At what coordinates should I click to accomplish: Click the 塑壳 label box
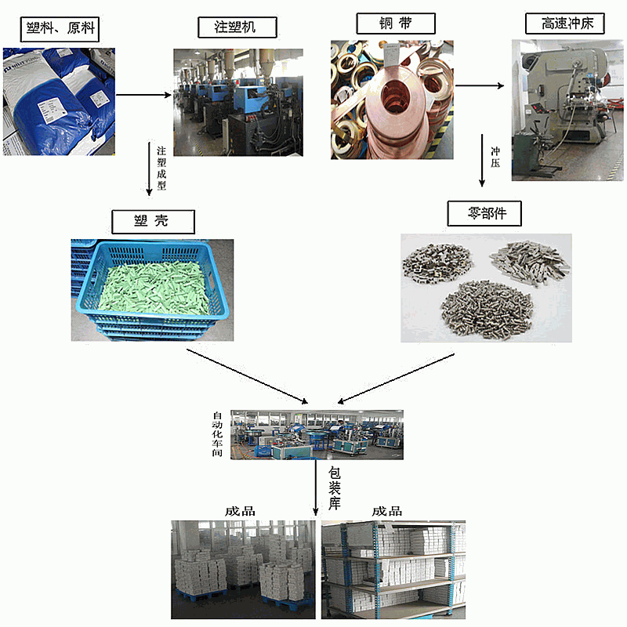[x=151, y=221]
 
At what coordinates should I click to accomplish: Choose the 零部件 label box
[x=484, y=213]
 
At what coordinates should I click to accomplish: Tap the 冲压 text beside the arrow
[x=495, y=154]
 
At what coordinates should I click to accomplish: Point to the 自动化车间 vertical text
[x=219, y=434]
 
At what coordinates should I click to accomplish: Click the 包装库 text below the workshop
[x=335, y=487]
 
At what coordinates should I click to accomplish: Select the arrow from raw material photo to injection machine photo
[x=143, y=96]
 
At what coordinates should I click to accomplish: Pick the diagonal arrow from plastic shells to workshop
[x=247, y=376]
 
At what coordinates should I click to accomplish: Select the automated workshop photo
[x=317, y=433]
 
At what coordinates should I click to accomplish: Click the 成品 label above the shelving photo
[x=387, y=511]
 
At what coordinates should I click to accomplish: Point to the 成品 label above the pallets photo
[x=240, y=511]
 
